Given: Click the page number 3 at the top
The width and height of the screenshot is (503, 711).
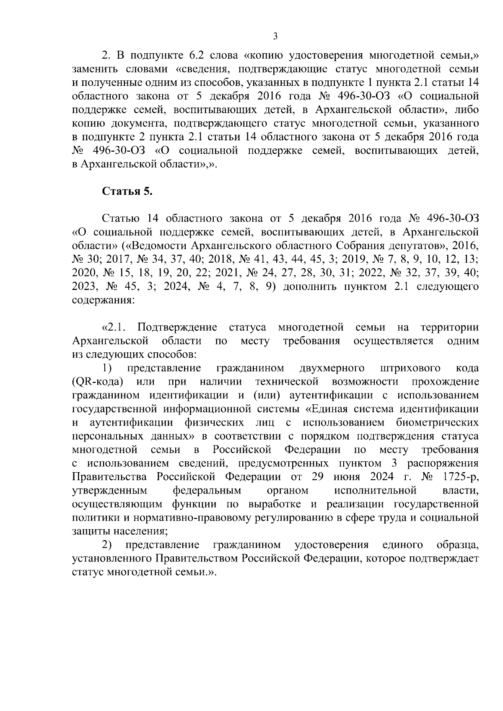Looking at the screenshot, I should [x=275, y=36].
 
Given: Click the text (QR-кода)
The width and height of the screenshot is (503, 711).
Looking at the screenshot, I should [x=97, y=382].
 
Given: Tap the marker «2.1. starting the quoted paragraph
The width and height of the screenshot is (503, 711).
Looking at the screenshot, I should [x=113, y=327].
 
